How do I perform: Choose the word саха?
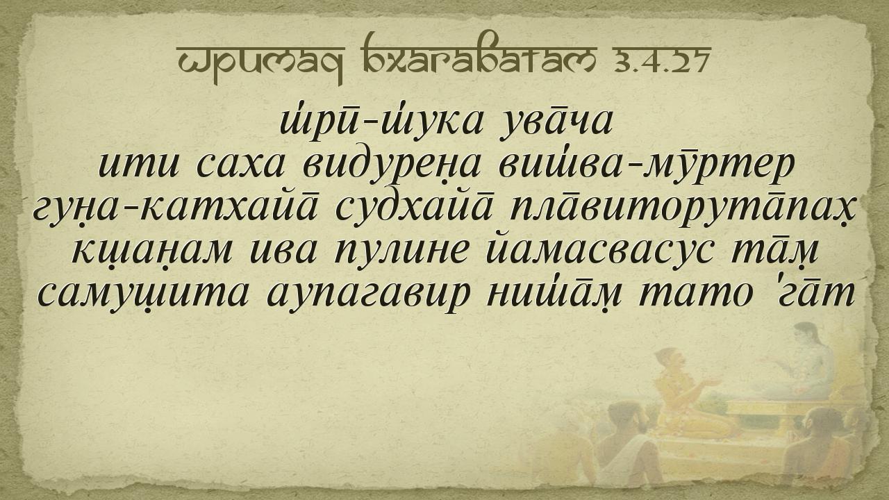(241, 165)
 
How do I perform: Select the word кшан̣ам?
(152, 252)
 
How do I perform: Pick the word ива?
(283, 251)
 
